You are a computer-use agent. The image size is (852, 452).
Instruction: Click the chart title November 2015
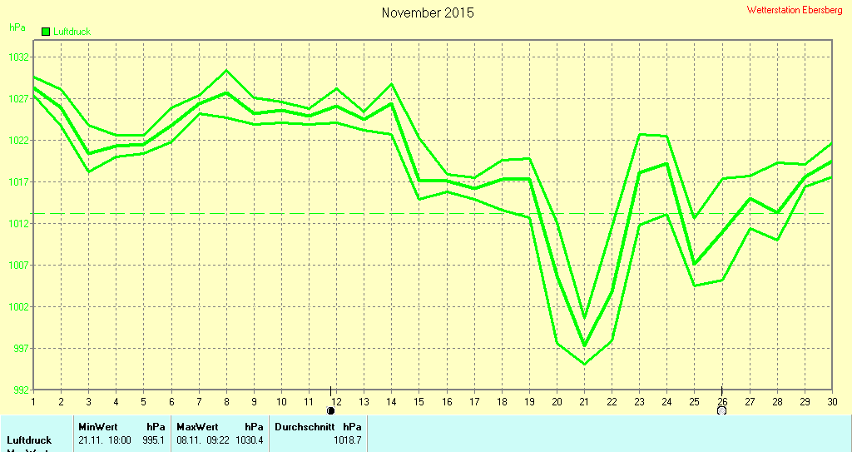428,13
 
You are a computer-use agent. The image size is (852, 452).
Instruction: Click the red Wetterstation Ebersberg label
795,10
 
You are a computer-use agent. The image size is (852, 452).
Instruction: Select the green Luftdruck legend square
45,32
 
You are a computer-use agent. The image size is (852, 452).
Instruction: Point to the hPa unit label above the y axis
17,27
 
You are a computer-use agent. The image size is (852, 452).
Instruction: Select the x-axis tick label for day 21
584,401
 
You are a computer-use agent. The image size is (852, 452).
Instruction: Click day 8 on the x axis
226,401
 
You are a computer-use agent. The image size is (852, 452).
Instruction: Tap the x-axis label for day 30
831,401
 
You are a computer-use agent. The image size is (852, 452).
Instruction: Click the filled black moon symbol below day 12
331,410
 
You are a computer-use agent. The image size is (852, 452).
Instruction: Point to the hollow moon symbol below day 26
721,410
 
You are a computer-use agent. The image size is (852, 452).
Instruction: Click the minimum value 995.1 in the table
154,440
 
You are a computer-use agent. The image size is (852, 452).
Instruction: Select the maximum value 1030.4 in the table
250,440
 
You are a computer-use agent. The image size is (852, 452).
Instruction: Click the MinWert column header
97,426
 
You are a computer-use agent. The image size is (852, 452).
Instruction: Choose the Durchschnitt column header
305,426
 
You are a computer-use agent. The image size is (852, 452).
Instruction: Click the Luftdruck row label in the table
29,440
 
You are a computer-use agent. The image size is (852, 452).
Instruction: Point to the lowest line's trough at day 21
584,364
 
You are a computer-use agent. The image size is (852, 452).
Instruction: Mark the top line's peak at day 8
226,71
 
